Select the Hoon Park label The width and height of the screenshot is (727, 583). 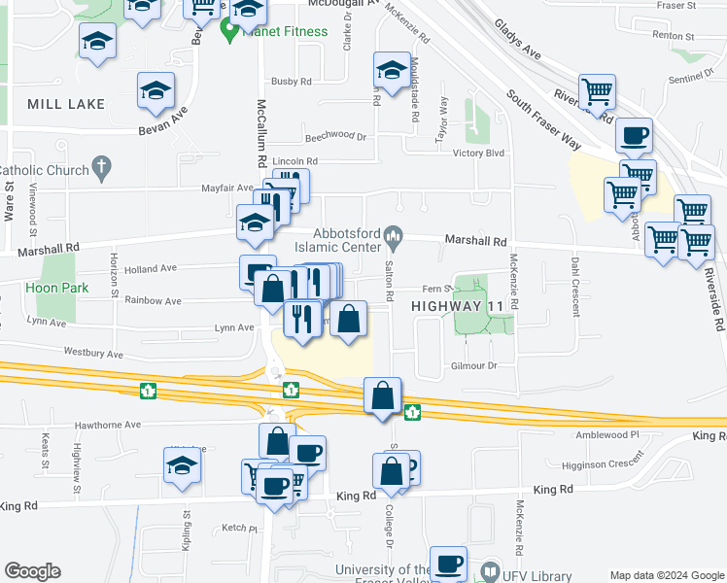coord(58,288)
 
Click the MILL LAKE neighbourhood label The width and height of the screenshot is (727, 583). coord(66,104)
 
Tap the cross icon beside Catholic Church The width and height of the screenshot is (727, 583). coord(102,170)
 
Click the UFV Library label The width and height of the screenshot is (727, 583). coord(529,572)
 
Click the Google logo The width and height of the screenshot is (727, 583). coord(32,571)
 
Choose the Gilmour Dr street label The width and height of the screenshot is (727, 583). coord(474,365)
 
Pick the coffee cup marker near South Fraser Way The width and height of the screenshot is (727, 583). coord(634,136)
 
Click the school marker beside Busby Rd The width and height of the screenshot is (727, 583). coord(392,70)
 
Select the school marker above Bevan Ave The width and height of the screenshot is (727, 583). coord(156,90)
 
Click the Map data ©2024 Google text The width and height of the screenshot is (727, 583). coord(666,574)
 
